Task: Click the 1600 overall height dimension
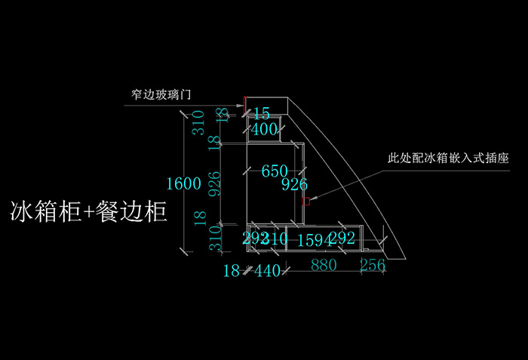point(183,183)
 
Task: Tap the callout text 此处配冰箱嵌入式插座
point(448,159)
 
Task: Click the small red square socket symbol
point(306,201)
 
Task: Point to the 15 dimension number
point(261,114)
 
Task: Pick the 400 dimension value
point(264,130)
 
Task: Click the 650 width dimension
point(275,171)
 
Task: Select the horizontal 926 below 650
point(294,184)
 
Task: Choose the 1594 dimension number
point(314,240)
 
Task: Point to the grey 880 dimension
point(323,265)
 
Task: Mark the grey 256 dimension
point(373,265)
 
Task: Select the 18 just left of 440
point(231,271)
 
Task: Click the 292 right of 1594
point(342,239)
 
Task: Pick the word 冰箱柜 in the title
point(45,213)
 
